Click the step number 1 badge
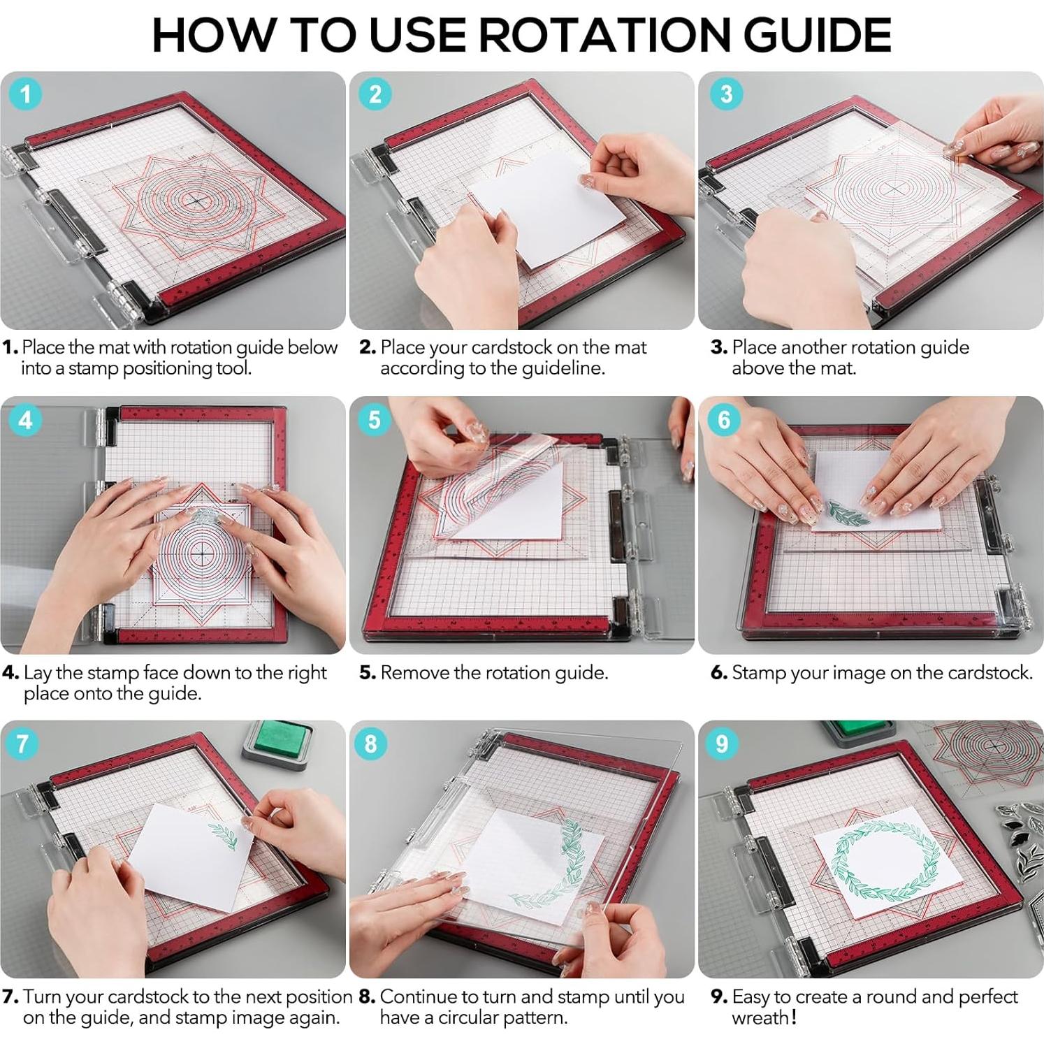click(27, 94)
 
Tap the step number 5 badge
click(375, 419)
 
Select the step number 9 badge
click(723, 744)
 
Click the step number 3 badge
click(726, 94)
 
